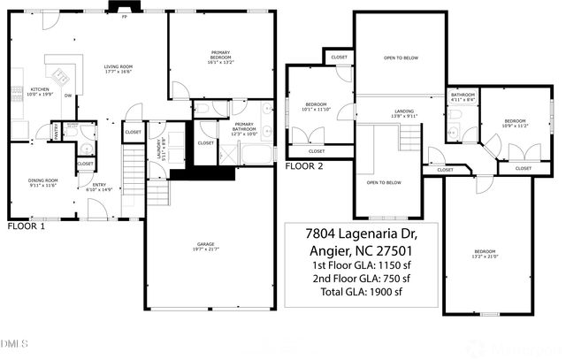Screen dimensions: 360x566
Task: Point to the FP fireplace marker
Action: [124, 17]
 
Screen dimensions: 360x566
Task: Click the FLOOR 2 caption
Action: [303, 165]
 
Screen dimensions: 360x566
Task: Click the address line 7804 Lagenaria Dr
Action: [359, 234]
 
